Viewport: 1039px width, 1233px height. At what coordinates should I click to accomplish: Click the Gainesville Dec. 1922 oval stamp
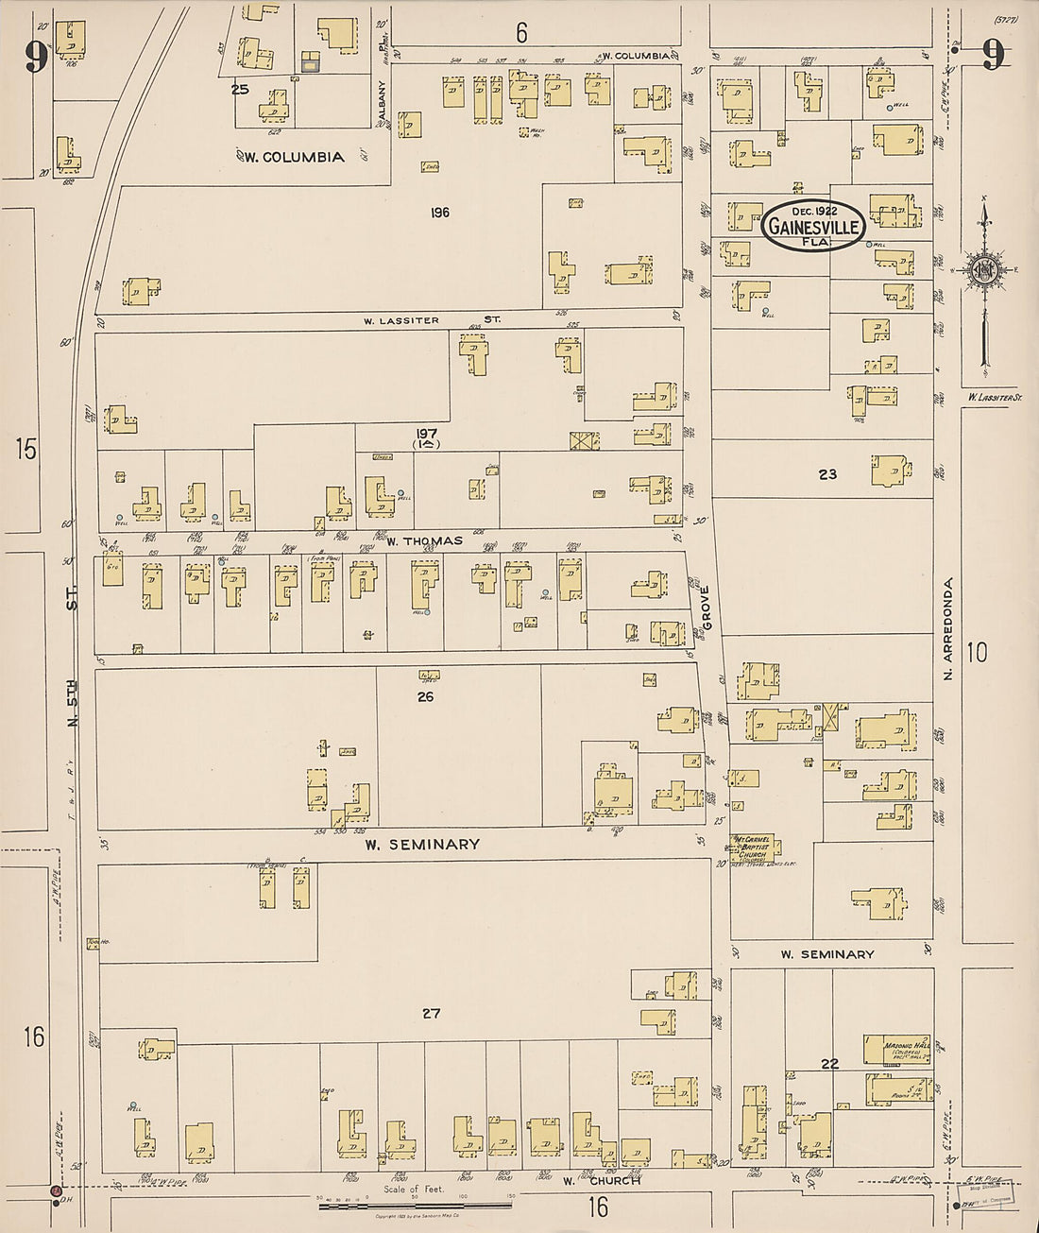812,225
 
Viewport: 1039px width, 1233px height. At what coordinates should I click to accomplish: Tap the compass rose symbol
984,270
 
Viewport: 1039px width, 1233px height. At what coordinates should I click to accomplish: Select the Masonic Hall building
895,1049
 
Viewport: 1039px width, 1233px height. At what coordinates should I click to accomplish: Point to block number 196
439,213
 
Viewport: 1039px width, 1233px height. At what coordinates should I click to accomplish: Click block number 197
426,434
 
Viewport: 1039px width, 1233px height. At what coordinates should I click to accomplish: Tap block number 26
425,696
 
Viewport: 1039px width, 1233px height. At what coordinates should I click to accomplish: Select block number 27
431,1013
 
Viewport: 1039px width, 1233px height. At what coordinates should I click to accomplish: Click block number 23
827,474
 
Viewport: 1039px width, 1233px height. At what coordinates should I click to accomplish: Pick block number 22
829,1064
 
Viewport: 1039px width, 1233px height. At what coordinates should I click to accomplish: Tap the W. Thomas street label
424,540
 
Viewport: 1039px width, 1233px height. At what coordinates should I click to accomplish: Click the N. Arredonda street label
947,629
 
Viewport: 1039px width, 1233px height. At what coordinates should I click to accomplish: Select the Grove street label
704,608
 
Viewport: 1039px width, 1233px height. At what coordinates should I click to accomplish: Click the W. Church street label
601,1180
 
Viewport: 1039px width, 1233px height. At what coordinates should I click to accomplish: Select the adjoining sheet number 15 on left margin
26,449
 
